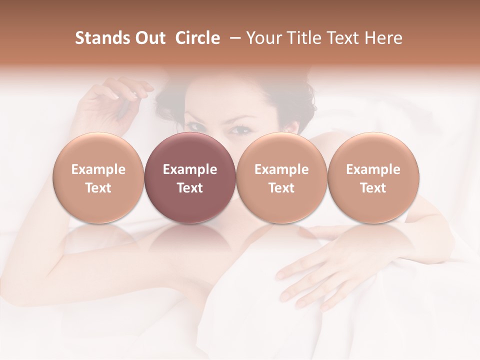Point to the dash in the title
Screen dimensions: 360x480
[233, 38]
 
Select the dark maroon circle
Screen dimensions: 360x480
[190, 178]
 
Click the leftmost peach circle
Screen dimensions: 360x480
[98, 178]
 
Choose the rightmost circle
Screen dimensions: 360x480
[373, 178]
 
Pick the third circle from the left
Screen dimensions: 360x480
[281, 178]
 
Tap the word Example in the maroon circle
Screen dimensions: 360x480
[190, 169]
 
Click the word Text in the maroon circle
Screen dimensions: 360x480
[190, 188]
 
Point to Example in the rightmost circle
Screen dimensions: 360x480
[373, 169]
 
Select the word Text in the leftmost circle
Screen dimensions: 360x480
[98, 188]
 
